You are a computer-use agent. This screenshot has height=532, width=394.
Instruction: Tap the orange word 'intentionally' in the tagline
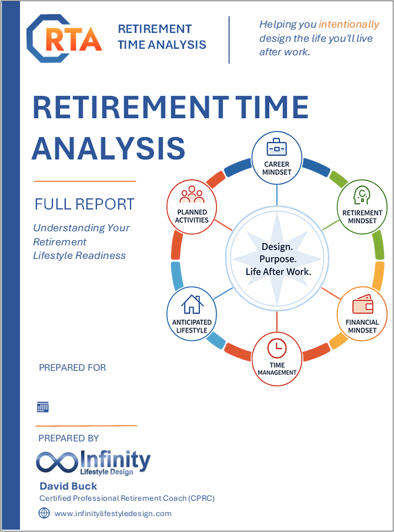point(349,25)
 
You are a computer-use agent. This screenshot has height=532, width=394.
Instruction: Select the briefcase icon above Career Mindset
point(276,148)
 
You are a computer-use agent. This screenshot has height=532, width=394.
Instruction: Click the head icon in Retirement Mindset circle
point(362,195)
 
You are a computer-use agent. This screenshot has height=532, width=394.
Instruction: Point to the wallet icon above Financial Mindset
point(362,304)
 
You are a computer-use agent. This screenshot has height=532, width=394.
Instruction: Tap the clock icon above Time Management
point(276,348)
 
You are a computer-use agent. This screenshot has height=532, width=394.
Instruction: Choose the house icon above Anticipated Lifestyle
point(192,304)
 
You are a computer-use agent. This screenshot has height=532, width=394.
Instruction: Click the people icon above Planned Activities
point(192,195)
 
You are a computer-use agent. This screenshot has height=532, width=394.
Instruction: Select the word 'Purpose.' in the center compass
point(278,259)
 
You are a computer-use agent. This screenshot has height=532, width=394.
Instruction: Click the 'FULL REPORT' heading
point(85,204)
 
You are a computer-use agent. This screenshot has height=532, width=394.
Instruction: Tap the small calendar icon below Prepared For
point(43,407)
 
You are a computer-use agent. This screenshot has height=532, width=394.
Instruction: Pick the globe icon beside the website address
point(44,513)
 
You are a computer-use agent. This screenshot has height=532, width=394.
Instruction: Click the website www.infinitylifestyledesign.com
point(113,514)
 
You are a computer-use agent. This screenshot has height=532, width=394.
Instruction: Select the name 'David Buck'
point(68,486)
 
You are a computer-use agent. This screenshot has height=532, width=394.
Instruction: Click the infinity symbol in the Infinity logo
point(56,462)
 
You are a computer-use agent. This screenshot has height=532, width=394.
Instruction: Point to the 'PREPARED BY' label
point(68,438)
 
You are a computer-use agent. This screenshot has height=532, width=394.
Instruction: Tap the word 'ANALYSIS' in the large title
point(109,148)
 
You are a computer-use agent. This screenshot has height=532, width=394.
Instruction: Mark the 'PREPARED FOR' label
point(72,367)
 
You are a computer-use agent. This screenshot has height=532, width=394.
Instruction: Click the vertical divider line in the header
point(229,39)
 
